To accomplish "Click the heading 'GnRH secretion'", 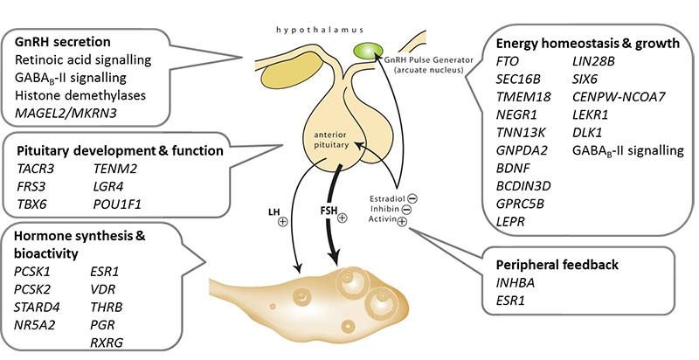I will click(63, 42).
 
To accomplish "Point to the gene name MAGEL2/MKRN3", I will click(71, 112).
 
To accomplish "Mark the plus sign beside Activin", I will click(401, 223).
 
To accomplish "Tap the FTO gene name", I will click(506, 61).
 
